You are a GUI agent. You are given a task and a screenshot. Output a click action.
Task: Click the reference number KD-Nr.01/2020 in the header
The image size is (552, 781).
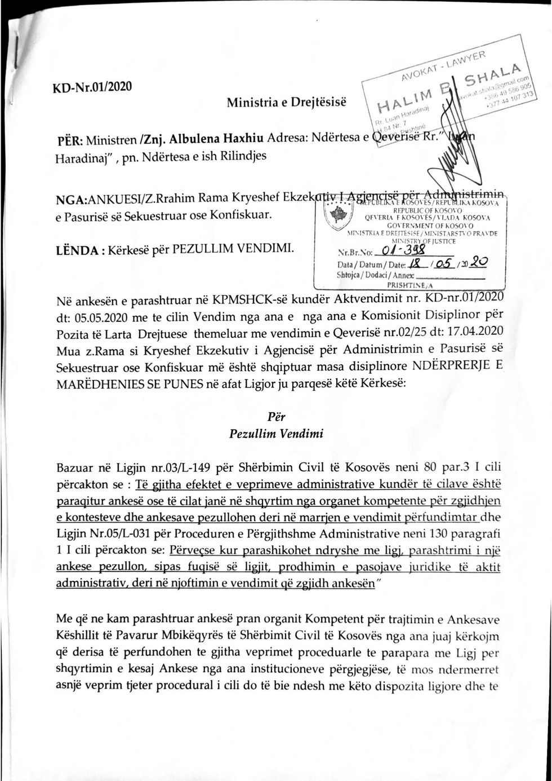[x=92, y=87]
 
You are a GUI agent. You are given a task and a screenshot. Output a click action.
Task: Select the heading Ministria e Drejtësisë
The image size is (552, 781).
[x=287, y=102]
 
